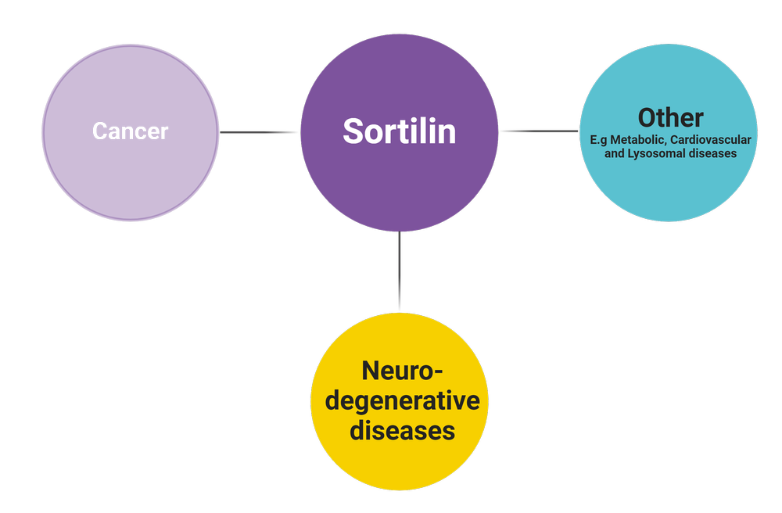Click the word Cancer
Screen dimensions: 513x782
click(x=130, y=131)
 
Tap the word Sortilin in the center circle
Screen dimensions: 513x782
click(x=399, y=131)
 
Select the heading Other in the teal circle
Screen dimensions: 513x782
click(x=670, y=117)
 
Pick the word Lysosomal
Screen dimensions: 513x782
click(x=659, y=154)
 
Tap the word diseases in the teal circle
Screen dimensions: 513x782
click(x=712, y=154)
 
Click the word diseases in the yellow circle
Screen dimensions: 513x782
click(x=402, y=429)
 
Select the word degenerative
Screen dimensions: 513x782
click(x=402, y=400)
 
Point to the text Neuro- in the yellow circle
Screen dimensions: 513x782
click(x=402, y=371)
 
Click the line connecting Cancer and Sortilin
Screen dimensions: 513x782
click(x=258, y=131)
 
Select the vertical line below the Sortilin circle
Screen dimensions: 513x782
click(x=400, y=270)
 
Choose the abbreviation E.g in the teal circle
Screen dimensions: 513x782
click(x=599, y=140)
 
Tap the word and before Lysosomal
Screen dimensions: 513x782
click(x=615, y=154)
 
